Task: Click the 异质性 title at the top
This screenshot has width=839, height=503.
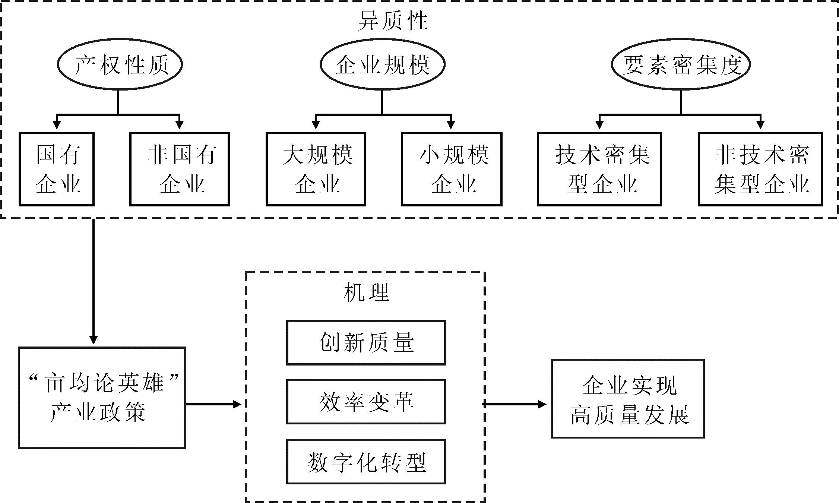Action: (x=393, y=20)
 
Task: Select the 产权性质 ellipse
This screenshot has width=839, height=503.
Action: (x=120, y=64)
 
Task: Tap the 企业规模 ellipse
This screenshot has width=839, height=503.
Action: (x=383, y=64)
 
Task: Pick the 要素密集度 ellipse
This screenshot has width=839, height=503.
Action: (x=681, y=64)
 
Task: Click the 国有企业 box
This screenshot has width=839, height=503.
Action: (x=57, y=169)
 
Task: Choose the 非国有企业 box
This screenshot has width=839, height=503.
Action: (x=180, y=169)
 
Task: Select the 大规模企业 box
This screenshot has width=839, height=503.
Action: (x=316, y=169)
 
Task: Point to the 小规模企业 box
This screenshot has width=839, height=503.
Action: (x=452, y=169)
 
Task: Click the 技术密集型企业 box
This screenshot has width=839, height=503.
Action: (x=599, y=169)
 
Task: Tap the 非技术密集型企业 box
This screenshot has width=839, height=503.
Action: (x=760, y=169)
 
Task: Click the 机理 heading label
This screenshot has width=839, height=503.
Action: (x=366, y=292)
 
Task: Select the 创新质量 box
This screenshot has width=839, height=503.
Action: (x=366, y=343)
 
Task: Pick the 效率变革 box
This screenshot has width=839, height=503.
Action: (x=366, y=402)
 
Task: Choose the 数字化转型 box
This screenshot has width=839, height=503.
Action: (x=366, y=462)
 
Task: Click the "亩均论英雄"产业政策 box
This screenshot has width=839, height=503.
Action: (x=102, y=398)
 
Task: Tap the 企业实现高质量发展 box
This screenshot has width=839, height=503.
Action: (x=628, y=399)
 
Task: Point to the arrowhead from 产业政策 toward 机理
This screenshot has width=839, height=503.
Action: (x=237, y=404)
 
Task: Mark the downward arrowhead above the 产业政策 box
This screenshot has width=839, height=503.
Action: (x=94, y=340)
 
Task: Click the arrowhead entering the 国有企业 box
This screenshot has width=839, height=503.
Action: (x=57, y=125)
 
